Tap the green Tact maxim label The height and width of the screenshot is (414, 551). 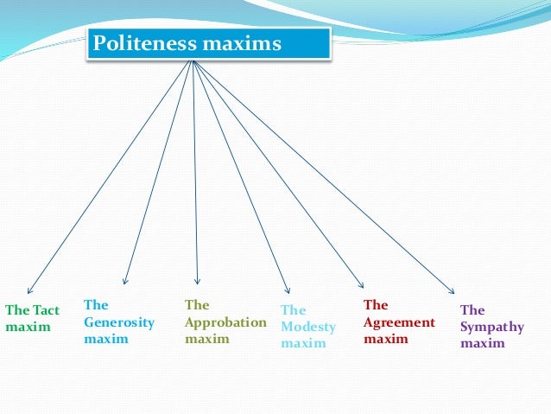pos(32,318)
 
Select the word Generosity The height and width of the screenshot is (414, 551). pos(119,322)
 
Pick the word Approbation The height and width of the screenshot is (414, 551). pos(226,322)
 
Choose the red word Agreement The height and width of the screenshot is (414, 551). pos(399,322)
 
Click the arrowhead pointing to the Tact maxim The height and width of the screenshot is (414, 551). pos(30,291)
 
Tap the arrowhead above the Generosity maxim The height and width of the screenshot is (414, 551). pos(125,282)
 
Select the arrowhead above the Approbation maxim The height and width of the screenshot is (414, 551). pos(197,282)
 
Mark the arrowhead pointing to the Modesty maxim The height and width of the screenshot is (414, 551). pos(288,290)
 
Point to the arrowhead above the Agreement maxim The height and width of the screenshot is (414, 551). pos(362,285)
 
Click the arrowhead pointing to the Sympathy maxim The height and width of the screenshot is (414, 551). pos(450,290)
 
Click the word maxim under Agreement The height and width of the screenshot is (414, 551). pos(385,339)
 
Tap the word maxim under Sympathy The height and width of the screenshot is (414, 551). pos(482,343)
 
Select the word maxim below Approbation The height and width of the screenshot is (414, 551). pos(207,339)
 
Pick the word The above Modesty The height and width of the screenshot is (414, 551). pos(294,310)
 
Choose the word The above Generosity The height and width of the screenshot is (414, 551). pos(96,305)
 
